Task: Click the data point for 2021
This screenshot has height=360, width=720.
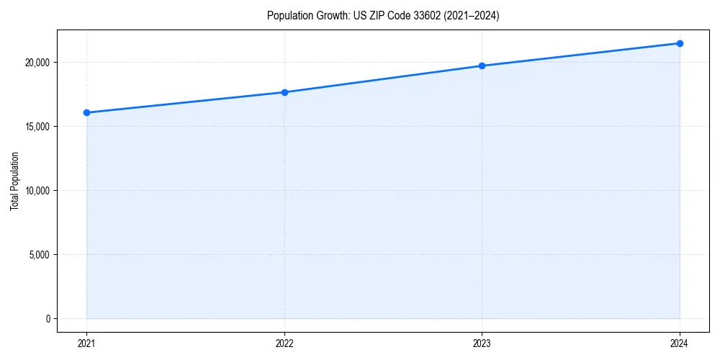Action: pos(86,112)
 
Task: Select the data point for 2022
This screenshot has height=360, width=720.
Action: pos(284,92)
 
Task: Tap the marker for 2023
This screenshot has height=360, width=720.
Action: pos(482,66)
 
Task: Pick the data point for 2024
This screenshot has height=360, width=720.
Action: pos(680,43)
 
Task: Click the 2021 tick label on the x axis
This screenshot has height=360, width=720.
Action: pos(86,343)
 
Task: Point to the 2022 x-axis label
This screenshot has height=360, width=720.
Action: pos(284,343)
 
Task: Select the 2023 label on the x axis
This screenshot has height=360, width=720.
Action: pos(482,343)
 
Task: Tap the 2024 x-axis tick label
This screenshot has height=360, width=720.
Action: pos(680,343)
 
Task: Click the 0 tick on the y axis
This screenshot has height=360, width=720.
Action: pos(48,318)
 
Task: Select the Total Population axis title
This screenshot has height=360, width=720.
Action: pos(14,181)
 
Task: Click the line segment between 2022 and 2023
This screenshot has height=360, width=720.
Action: pos(383,79)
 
